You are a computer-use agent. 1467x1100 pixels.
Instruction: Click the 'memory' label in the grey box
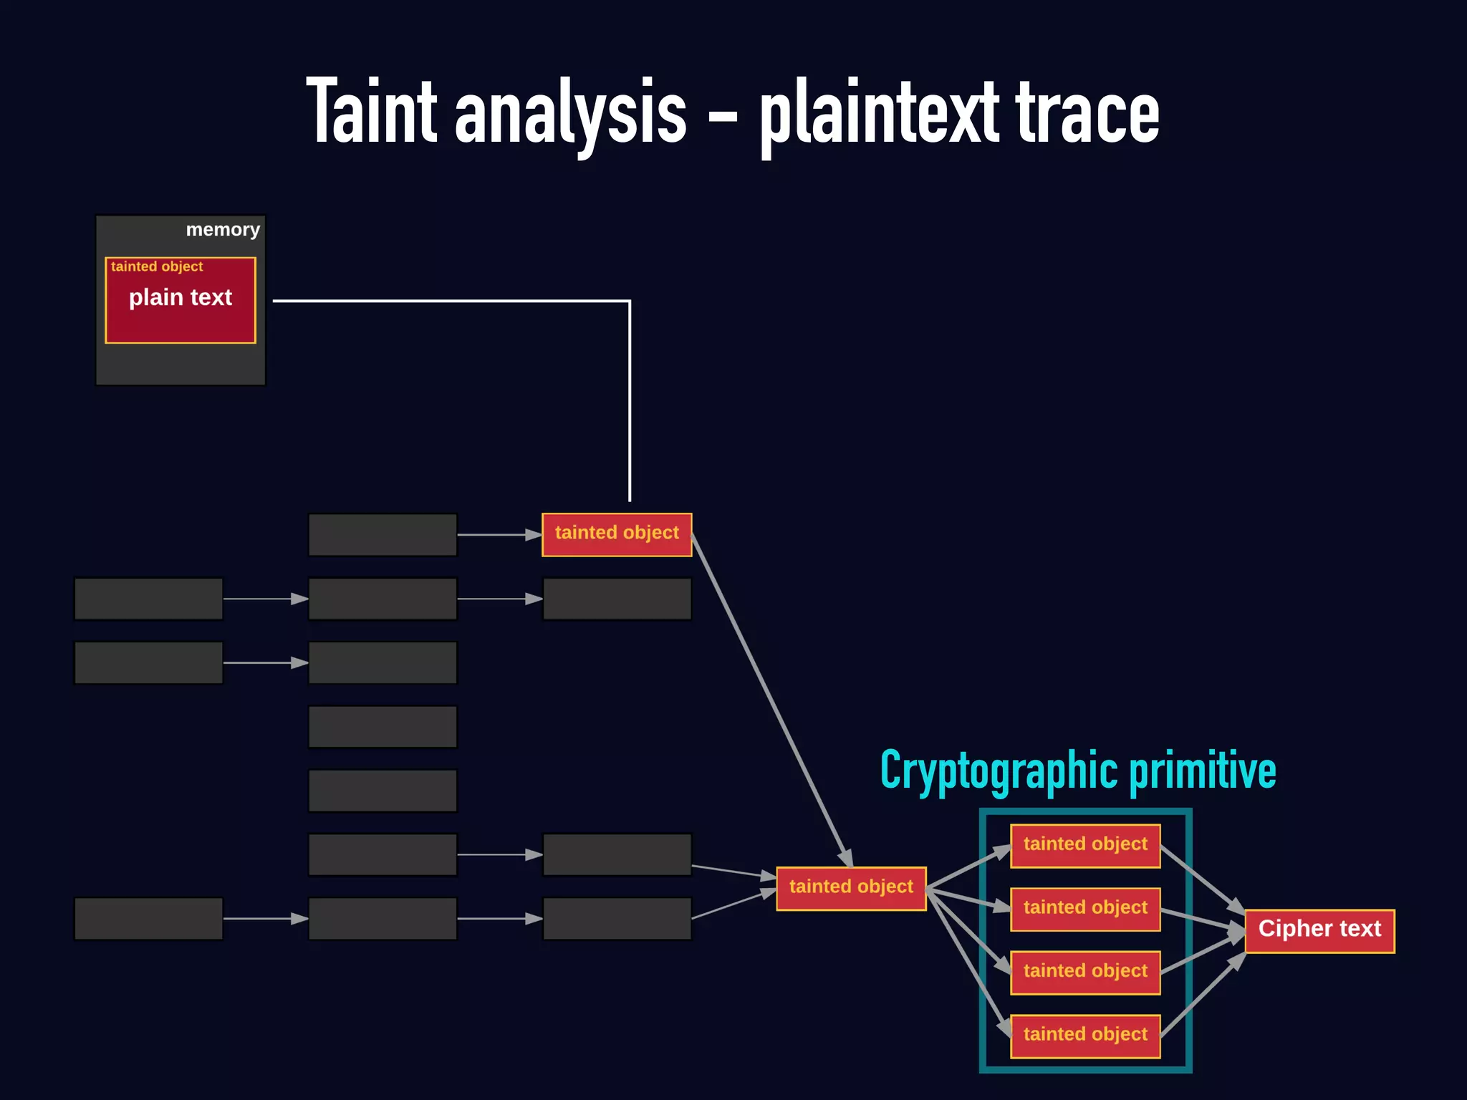[223, 230]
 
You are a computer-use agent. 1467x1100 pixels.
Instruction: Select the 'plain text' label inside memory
[181, 297]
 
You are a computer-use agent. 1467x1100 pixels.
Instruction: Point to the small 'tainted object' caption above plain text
[157, 266]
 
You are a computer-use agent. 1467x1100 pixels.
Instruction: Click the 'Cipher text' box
[1319, 930]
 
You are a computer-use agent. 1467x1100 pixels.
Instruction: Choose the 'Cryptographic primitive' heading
[1078, 771]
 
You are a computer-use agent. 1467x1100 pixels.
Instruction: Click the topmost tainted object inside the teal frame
[1085, 845]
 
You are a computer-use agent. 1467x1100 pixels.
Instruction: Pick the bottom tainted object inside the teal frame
[1085, 1036]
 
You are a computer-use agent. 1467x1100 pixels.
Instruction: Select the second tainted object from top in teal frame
[1085, 909]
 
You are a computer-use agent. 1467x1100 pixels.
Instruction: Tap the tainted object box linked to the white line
[617, 534]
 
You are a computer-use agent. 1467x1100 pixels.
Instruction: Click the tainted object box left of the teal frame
[851, 888]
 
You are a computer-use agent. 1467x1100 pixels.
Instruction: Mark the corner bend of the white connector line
[629, 302]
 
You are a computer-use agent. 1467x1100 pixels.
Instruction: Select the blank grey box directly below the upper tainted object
[617, 599]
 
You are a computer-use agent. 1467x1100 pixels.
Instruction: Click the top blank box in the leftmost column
[148, 599]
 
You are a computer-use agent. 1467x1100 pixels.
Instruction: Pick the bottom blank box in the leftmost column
[148, 918]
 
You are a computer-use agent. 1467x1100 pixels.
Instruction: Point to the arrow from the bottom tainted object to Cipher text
[1203, 994]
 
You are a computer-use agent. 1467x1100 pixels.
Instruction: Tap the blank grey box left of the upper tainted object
[383, 534]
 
